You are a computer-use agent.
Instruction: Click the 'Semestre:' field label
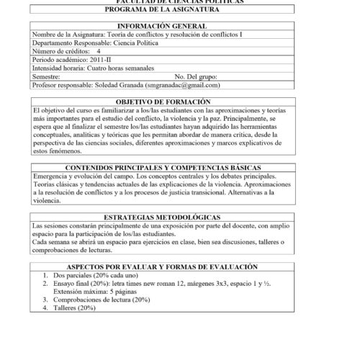click(x=48, y=76)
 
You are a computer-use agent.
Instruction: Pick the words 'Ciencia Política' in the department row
click(x=136, y=43)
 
